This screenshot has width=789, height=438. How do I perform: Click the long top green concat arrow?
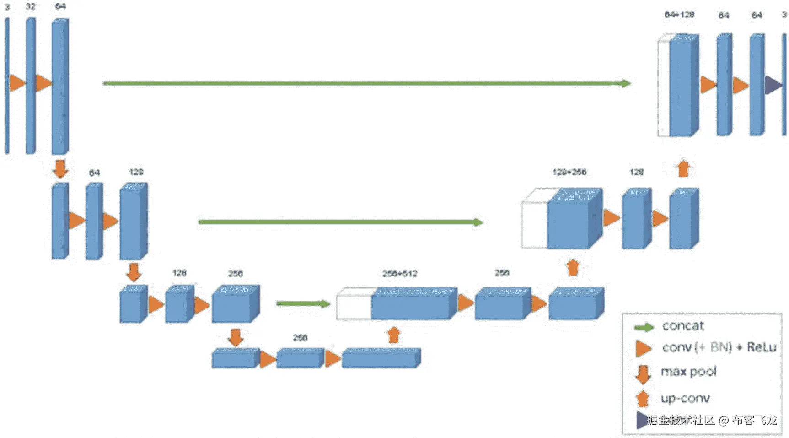pyautogui.click(x=366, y=83)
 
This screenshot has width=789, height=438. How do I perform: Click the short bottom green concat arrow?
pyautogui.click(x=303, y=304)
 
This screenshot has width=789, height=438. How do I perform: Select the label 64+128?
pyautogui.click(x=679, y=15)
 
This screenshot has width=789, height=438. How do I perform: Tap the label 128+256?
pyautogui.click(x=569, y=172)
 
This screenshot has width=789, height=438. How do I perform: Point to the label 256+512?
pyautogui.click(x=400, y=274)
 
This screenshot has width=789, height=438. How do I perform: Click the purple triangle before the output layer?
pyautogui.click(x=773, y=85)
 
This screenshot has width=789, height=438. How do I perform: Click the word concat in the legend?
pyautogui.click(x=683, y=326)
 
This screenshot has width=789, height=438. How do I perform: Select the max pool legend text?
pyautogui.click(x=688, y=372)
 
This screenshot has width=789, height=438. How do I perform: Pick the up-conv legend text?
pyautogui.click(x=685, y=398)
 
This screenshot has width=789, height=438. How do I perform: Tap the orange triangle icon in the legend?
pyautogui.click(x=643, y=349)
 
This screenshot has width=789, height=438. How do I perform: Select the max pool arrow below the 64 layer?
pyautogui.click(x=60, y=169)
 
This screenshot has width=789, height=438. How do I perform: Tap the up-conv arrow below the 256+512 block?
pyautogui.click(x=394, y=335)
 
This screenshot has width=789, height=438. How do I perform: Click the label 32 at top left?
pyautogui.click(x=30, y=6)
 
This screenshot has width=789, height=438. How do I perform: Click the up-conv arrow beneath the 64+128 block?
pyautogui.click(x=683, y=169)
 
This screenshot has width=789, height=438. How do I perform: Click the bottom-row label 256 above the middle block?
pyautogui.click(x=300, y=338)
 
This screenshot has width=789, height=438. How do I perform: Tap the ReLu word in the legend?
pyautogui.click(x=762, y=347)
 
